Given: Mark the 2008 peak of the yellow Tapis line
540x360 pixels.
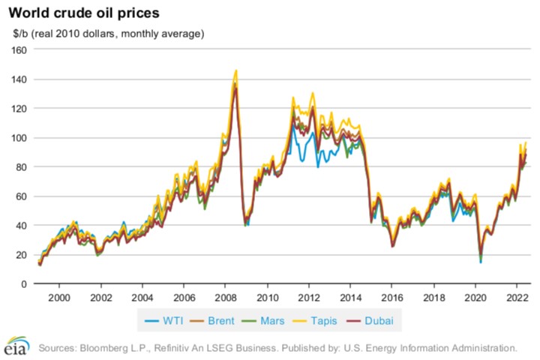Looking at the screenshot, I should (236, 70).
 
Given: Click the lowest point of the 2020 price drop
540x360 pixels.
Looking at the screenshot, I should (480, 262).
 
